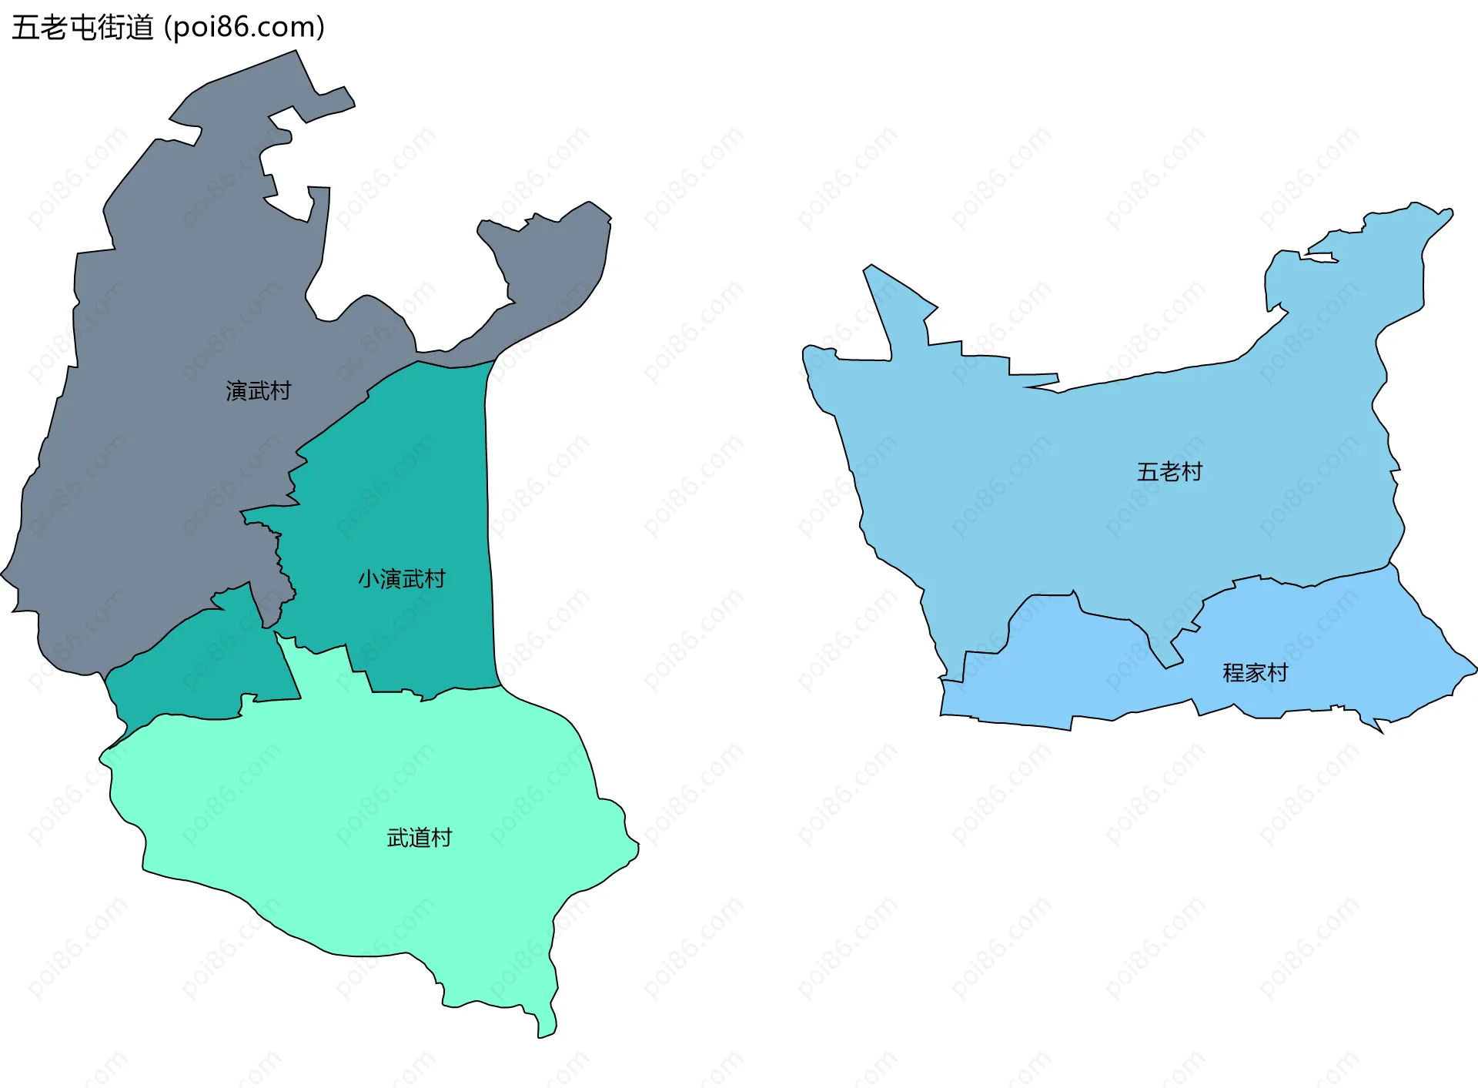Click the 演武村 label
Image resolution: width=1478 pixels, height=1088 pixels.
point(259,391)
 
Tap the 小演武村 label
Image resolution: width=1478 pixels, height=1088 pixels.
point(402,579)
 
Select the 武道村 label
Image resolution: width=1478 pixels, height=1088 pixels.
point(420,838)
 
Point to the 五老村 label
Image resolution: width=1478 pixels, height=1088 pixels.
point(1169,472)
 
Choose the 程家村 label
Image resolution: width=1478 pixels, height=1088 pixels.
point(1255,673)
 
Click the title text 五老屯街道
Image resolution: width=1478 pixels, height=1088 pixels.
point(83,28)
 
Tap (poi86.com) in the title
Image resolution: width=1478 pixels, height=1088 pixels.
point(245,28)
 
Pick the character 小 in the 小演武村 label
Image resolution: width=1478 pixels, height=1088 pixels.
point(369,579)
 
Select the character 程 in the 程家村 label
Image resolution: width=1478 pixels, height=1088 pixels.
point(1233,673)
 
